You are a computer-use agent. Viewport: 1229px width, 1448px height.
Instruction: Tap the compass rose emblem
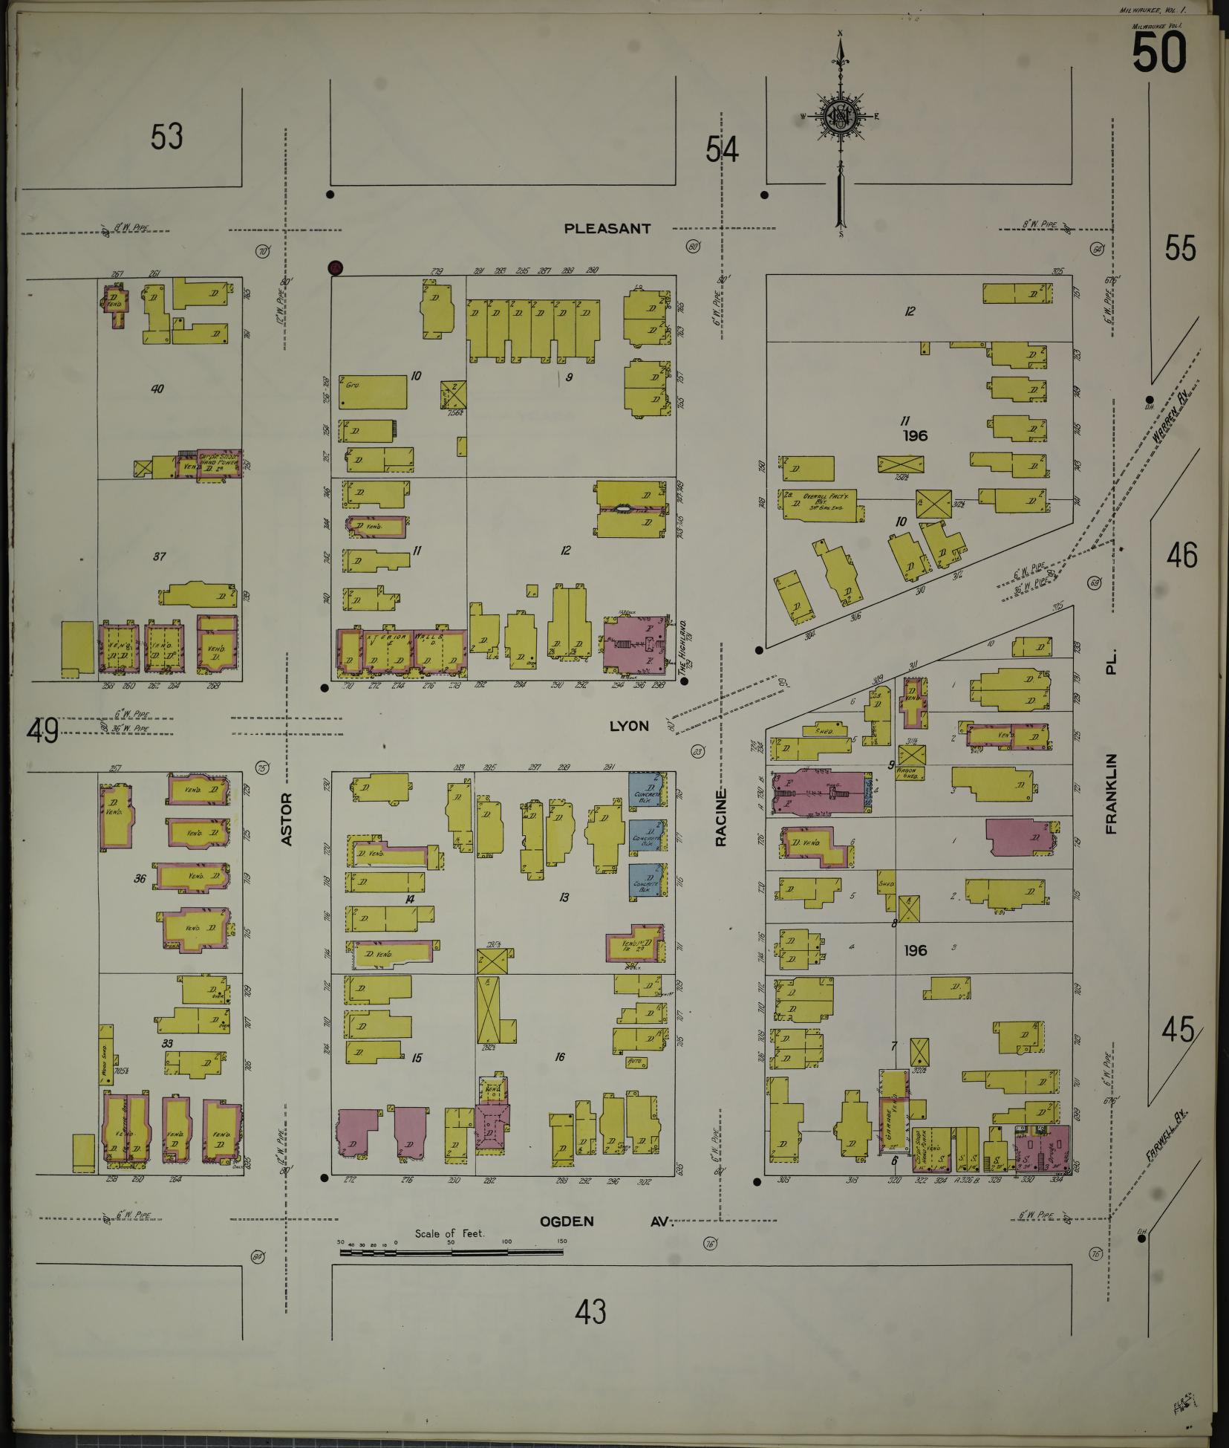coord(840,117)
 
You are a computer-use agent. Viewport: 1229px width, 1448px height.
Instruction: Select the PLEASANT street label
coord(607,229)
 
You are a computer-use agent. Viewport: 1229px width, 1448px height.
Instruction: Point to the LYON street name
coord(629,726)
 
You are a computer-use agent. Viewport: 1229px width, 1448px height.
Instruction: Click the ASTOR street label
coord(287,819)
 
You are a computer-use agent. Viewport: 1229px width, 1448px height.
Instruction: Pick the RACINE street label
coord(720,817)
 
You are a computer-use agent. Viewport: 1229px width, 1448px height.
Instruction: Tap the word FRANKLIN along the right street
coord(1111,793)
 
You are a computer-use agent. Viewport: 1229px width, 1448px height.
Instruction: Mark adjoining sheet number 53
coord(166,137)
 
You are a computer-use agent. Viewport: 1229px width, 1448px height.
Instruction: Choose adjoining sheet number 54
coord(722,151)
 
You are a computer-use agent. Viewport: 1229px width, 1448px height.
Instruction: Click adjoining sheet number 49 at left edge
coord(42,731)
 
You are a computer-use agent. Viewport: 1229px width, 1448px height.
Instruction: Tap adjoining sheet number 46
coord(1181,556)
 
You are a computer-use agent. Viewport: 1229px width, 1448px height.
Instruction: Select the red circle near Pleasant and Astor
coord(336,267)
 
